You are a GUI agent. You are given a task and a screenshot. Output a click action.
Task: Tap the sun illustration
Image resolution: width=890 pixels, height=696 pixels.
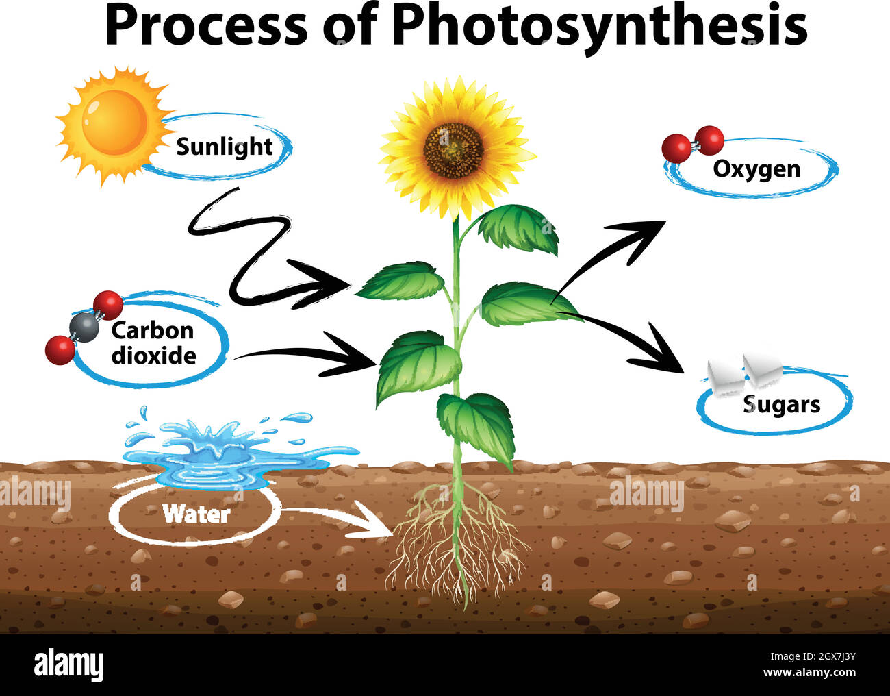point(114,123)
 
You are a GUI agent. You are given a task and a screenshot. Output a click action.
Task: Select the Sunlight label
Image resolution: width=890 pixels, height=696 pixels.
point(224,147)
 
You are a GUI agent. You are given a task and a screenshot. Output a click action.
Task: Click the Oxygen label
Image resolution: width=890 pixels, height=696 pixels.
point(756,169)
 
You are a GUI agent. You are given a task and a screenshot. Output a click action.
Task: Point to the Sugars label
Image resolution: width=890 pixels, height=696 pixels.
point(781,404)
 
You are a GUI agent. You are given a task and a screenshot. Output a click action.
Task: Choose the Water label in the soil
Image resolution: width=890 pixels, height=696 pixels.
point(196,513)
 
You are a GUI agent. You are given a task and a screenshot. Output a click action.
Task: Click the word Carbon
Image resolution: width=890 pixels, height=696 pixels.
point(152,330)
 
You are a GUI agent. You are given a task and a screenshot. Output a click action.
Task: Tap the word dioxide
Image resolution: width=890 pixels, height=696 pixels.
point(153,356)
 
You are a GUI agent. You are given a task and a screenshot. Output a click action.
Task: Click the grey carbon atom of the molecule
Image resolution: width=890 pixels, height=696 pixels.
point(84,327)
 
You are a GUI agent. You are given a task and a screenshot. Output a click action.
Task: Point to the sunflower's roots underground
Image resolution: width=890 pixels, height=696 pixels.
point(455,541)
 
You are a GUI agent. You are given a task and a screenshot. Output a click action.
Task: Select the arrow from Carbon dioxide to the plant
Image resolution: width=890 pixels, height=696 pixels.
point(308,354)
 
